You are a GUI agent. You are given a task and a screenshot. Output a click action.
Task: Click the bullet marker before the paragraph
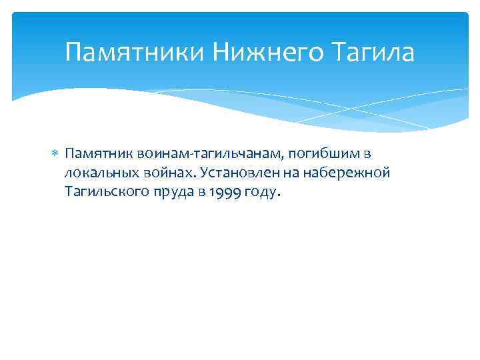(x=55, y=154)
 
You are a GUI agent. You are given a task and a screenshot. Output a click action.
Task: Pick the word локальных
(x=96, y=173)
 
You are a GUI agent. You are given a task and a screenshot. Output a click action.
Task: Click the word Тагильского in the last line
(x=104, y=193)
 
